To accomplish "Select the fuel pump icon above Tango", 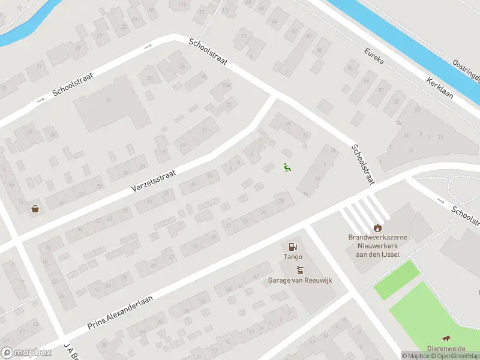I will point(293,247).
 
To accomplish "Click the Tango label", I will point(293,257).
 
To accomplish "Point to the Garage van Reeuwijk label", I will point(300,280).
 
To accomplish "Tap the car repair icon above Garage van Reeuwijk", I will point(299,270).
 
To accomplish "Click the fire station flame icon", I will point(377,227).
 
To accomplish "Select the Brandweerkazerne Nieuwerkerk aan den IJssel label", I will point(378,245).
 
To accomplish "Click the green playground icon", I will point(287,168).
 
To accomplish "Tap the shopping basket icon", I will point(35,209).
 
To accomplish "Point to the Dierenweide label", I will point(447,349).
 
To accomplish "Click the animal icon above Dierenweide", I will point(446,339).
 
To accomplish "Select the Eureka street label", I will point(373,52).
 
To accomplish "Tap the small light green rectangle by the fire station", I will point(396,280).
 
